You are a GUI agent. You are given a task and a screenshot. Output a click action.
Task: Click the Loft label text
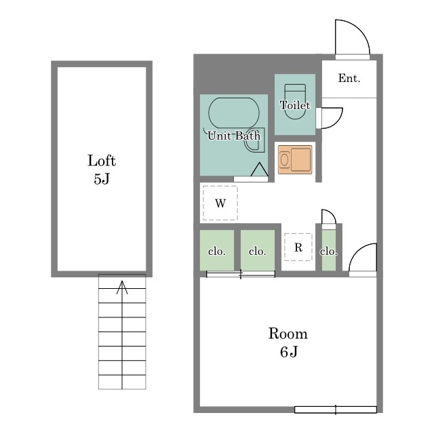point(102,161)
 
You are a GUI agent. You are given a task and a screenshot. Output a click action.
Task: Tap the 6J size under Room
point(289,352)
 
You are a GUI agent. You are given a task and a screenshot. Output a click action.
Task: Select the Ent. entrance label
point(349,79)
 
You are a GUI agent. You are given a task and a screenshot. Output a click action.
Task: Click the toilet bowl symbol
point(295,102)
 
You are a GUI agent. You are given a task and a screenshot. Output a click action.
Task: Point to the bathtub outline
point(234,113)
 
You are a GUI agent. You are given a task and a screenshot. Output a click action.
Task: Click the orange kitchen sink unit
point(295,160)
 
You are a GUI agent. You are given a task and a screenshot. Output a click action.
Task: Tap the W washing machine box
point(220,203)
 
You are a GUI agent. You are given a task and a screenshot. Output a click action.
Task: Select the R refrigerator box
point(298,247)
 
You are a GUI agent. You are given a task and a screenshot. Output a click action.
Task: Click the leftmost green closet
point(217,250)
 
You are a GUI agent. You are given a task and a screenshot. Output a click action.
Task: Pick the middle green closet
point(258,250)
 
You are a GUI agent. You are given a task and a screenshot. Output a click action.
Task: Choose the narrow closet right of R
point(329,250)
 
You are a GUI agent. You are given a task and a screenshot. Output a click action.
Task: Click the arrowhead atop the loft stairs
point(122,287)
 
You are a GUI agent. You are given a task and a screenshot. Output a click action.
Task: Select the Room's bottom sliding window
point(336,410)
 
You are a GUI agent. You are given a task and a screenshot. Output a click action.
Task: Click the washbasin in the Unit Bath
point(254,140)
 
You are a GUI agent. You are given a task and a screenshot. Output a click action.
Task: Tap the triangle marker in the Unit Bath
point(259,170)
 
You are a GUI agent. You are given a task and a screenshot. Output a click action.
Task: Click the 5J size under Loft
point(102,179)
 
